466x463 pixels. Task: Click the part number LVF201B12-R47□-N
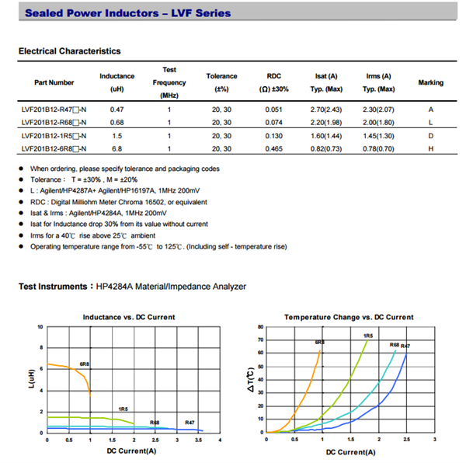point(54,110)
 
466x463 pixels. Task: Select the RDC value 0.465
point(273,148)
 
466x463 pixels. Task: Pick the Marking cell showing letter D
point(431,135)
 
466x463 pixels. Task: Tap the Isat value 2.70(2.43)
point(327,110)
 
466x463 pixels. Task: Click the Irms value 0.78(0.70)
point(378,148)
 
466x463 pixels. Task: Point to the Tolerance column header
point(221,76)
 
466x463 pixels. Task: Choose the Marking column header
point(431,82)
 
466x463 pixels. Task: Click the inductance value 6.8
point(117,148)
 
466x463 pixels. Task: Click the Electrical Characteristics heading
point(69,51)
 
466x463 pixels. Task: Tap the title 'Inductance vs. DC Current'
point(129,317)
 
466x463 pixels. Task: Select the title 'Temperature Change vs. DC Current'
point(349,317)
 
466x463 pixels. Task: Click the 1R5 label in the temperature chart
point(367,336)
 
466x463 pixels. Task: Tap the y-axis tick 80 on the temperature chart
point(260,326)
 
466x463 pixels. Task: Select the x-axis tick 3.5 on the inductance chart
point(199,440)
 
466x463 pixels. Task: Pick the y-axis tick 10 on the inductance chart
point(40,326)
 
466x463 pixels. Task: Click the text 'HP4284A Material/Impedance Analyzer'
point(171,287)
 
